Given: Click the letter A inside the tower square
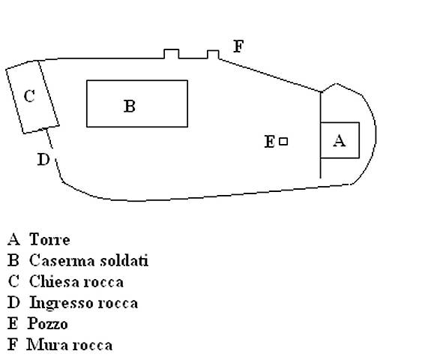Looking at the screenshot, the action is point(340,140).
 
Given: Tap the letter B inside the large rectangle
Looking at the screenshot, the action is point(130,106).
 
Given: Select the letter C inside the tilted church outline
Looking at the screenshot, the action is point(29,96).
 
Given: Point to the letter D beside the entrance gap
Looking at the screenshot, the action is point(43,159).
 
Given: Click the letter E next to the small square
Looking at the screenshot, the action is point(270,141).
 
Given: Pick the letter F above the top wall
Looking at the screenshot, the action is point(238,46).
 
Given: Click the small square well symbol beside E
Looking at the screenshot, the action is point(283,141).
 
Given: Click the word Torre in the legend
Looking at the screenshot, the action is point(49,239).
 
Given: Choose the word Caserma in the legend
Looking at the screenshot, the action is point(62,260).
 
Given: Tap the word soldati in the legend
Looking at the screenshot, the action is point(124,260).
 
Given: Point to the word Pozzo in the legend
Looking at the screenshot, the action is point(48,324).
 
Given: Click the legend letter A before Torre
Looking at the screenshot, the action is point(13,239).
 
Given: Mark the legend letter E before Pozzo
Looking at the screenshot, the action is point(13,324).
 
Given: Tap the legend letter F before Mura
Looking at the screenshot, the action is point(13,345).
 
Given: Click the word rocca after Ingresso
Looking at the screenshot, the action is point(118,304).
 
